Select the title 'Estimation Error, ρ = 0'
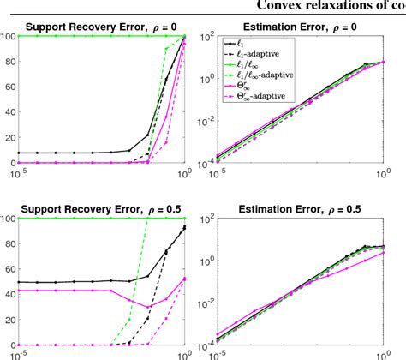(x=296, y=27)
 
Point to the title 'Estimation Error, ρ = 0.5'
(x=296, y=209)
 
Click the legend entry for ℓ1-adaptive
(x=258, y=54)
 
